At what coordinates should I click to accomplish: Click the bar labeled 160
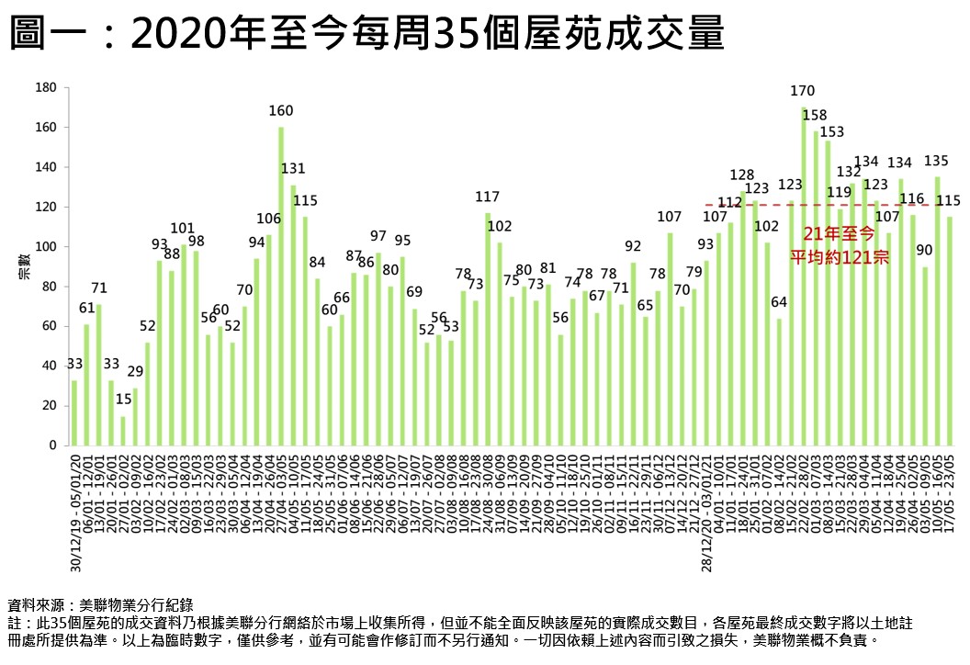(281, 286)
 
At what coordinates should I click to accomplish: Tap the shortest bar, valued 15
(123, 431)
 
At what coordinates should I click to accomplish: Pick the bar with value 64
(779, 382)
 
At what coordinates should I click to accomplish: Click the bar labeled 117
(488, 329)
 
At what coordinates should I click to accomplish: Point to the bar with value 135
(938, 310)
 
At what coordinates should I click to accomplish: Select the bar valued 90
(926, 355)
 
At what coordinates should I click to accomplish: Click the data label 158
(815, 116)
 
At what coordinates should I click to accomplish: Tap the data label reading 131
(293, 169)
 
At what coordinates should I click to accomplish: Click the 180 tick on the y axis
(46, 88)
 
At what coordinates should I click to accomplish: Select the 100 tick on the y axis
(46, 247)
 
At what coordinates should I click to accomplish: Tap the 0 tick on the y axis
(53, 445)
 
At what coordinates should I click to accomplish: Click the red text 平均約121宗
(840, 257)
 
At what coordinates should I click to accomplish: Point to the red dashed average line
(735, 205)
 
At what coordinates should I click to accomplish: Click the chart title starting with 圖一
(367, 36)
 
